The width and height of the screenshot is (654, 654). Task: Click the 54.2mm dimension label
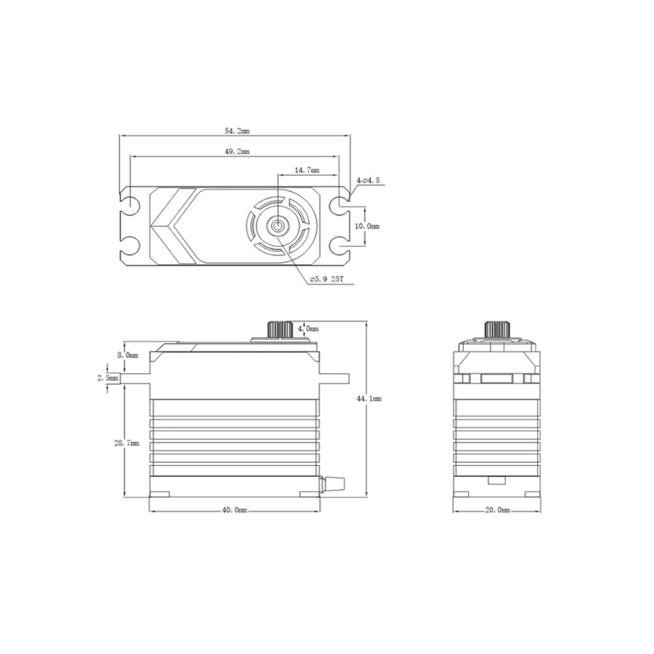click(x=237, y=131)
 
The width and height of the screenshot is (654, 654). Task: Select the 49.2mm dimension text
click(x=237, y=152)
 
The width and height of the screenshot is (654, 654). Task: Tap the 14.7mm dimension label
click(x=307, y=171)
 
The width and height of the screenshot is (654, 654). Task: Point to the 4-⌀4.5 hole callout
click(x=369, y=181)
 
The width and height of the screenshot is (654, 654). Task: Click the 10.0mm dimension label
click(x=369, y=226)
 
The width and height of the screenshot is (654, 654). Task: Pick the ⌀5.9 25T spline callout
click(x=327, y=280)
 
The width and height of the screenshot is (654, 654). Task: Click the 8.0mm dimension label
click(x=126, y=354)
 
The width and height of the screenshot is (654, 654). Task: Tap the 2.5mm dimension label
click(x=108, y=378)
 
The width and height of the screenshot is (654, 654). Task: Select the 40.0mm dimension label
click(x=234, y=510)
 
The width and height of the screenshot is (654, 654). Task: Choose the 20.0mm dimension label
click(x=498, y=510)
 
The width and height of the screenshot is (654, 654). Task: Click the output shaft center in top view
click(x=278, y=225)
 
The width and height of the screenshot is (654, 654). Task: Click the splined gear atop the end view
click(x=497, y=329)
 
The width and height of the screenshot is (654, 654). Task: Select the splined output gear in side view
click(x=279, y=330)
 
